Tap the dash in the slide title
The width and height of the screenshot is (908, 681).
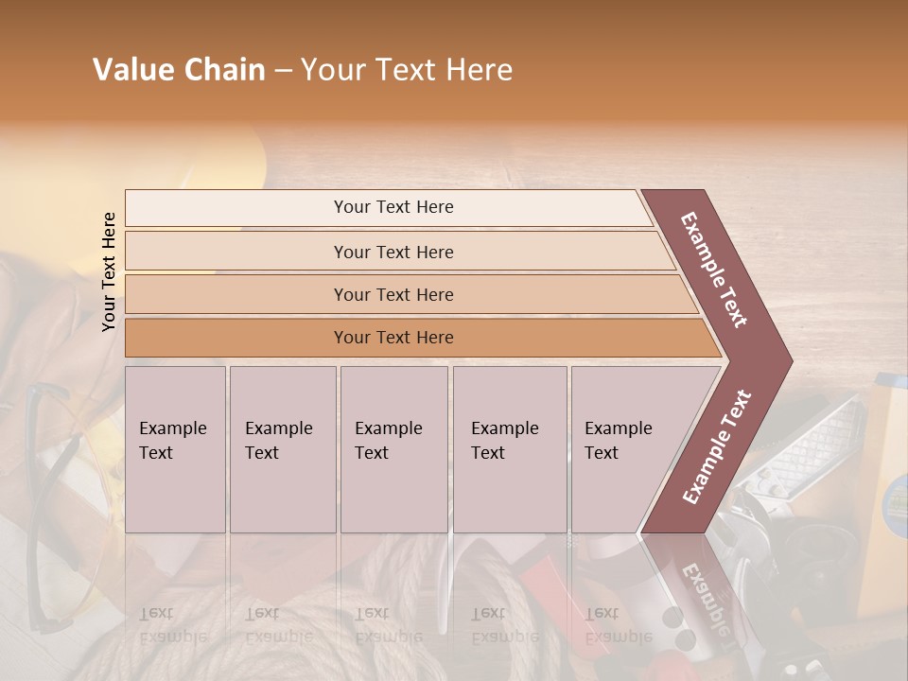click(x=283, y=71)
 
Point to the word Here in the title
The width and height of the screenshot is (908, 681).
click(x=479, y=70)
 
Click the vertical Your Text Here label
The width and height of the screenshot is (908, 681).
click(x=109, y=271)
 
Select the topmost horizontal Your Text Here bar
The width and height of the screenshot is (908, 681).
click(x=393, y=207)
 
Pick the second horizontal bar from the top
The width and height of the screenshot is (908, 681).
click(x=393, y=252)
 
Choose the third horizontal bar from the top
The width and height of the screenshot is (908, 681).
click(x=393, y=294)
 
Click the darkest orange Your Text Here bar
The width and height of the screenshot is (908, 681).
click(x=393, y=338)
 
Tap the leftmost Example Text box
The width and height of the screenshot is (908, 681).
click(x=175, y=448)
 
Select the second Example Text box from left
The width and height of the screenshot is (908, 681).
click(x=282, y=448)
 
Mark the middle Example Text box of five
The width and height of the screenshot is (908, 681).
click(x=393, y=448)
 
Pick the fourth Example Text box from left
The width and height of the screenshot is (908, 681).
click(x=509, y=448)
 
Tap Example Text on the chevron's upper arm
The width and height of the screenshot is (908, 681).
click(x=714, y=270)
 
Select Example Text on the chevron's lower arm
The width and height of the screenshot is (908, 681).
click(x=716, y=447)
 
